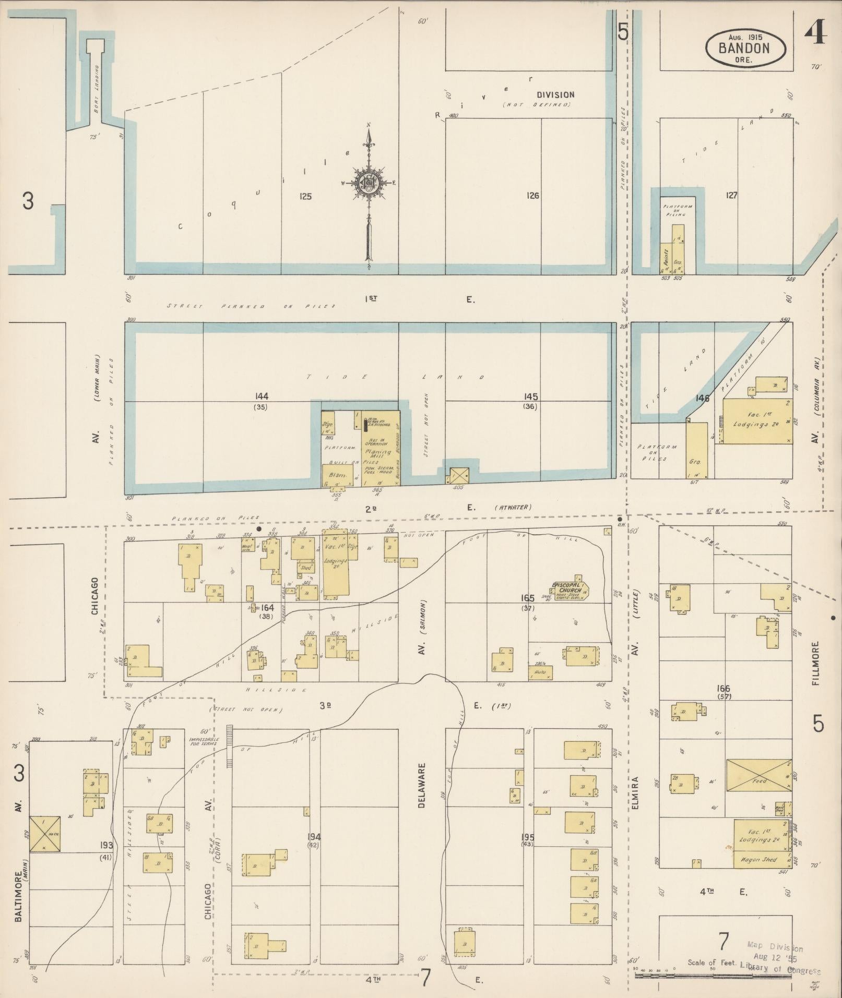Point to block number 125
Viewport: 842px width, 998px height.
coord(305,196)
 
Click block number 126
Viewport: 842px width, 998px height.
coord(532,196)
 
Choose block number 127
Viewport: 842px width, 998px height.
coord(731,195)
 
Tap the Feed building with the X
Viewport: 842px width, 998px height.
coord(759,781)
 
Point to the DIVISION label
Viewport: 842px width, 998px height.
coord(556,95)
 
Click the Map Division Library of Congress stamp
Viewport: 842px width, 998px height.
coord(781,957)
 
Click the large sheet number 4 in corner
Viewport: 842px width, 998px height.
coord(815,34)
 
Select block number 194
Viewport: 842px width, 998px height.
coord(314,837)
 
